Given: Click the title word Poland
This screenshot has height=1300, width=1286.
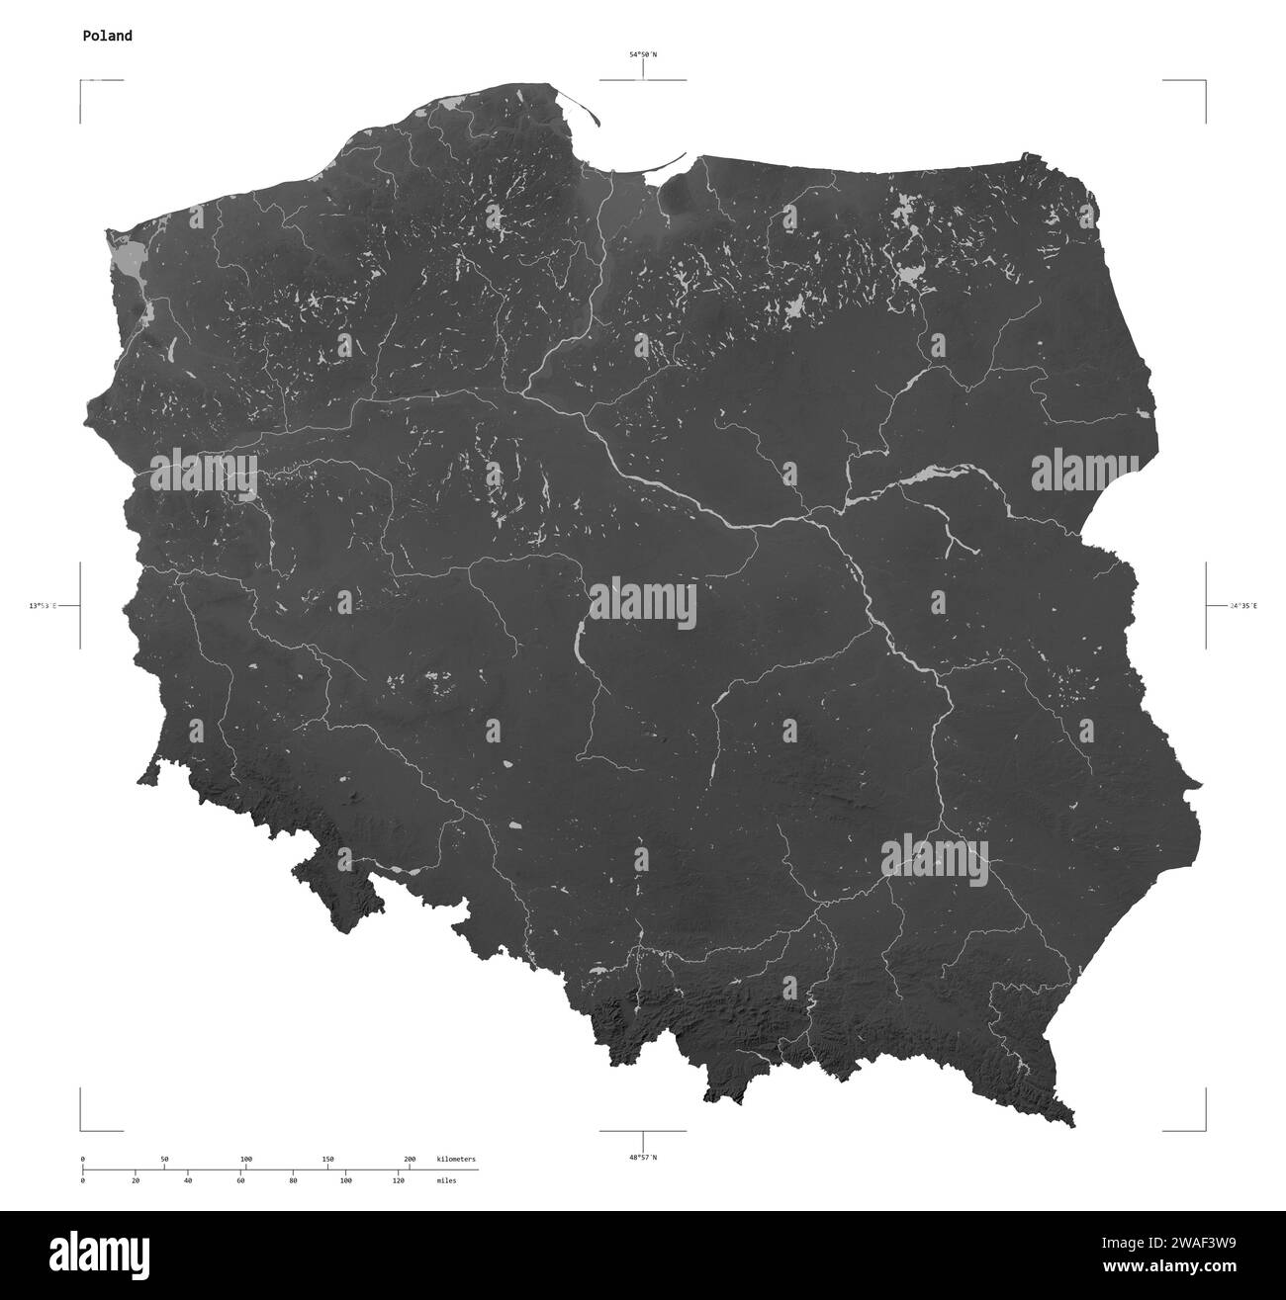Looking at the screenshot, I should coord(107,37).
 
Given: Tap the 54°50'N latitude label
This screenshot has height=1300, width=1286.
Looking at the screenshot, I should coord(643,55).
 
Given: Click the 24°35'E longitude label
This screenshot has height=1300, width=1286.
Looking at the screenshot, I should coord(1242,605).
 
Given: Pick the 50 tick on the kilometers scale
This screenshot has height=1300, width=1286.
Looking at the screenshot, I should coord(164,1159).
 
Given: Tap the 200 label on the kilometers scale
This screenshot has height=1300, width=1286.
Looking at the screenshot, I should coord(410,1159).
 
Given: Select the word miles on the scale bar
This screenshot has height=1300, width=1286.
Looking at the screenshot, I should coord(446,1180).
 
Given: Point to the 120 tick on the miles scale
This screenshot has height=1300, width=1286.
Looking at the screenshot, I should coord(398,1180).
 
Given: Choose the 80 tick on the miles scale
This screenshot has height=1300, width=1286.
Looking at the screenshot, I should coord(293,1180).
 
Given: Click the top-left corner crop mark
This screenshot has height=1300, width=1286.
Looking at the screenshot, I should coord(81,81).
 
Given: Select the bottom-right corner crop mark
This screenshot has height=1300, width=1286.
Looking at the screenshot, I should coord(1205,1129).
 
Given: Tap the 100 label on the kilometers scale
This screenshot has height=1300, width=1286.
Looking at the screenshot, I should coord(246,1159).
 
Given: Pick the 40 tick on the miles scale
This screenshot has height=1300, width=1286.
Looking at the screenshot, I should coord(188,1180).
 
